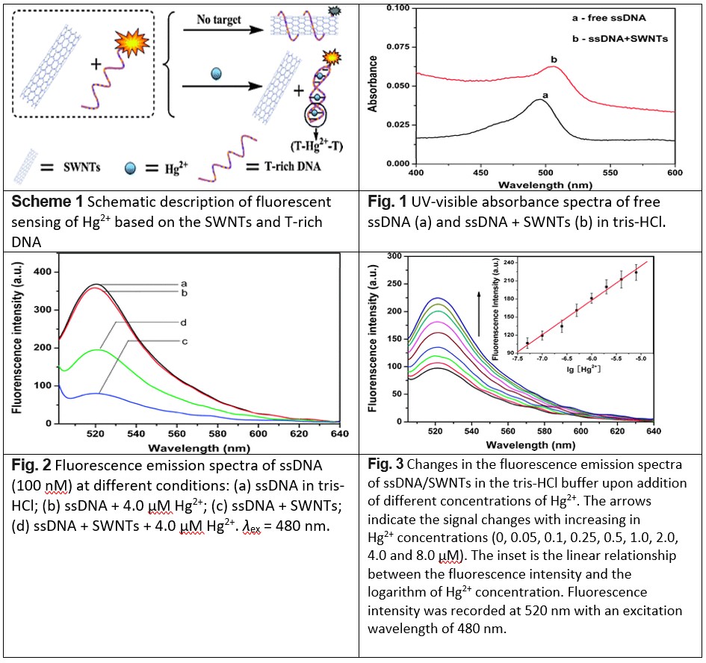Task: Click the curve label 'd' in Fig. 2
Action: pyautogui.click(x=183, y=322)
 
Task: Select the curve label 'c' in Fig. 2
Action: pyautogui.click(x=183, y=341)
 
